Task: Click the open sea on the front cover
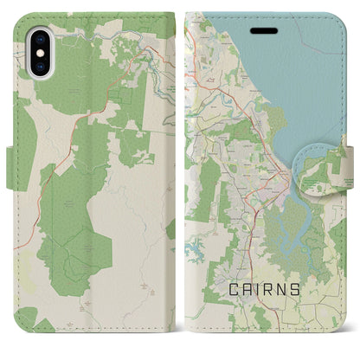point(303,78)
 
